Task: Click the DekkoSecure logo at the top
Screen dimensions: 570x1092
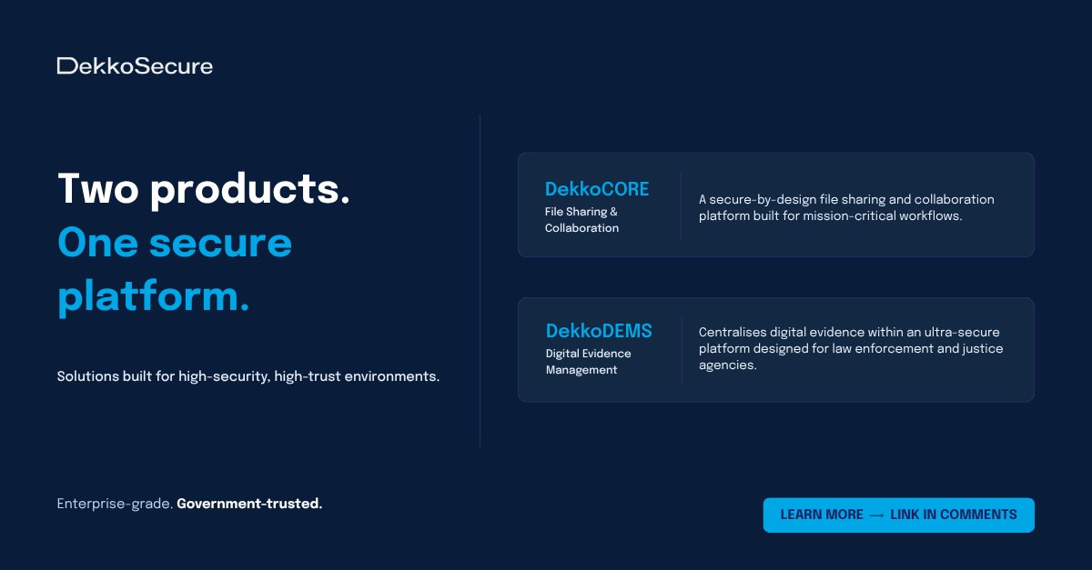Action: click(x=135, y=65)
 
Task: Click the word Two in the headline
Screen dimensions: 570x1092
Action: click(x=96, y=188)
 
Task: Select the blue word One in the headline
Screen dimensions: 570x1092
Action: click(x=95, y=243)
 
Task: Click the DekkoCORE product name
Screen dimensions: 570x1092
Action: click(x=597, y=189)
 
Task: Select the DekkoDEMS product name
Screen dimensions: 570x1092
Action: click(x=599, y=330)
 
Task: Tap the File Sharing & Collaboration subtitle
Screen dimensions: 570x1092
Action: click(x=581, y=220)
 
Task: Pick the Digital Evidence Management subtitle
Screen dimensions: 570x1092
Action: click(x=588, y=362)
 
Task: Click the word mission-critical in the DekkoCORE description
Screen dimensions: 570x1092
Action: click(x=850, y=216)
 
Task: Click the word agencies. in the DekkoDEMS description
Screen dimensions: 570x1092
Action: click(x=727, y=365)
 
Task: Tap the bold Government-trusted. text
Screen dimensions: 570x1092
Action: click(x=249, y=504)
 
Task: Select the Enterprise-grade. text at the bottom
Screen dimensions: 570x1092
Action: click(x=115, y=504)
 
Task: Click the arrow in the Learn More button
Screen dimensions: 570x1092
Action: click(x=877, y=515)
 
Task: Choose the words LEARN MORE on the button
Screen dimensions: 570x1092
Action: click(x=822, y=515)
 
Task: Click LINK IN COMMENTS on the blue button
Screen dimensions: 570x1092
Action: click(x=954, y=515)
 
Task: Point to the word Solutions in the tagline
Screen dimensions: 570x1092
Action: click(x=87, y=376)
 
